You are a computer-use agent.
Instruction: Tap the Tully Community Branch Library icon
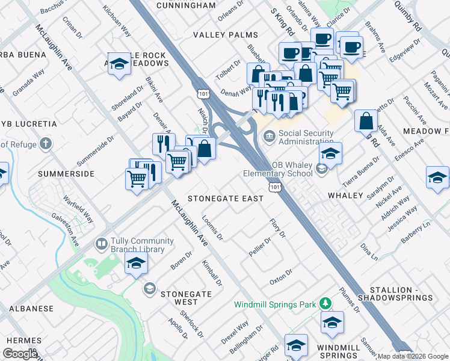tap(101, 244)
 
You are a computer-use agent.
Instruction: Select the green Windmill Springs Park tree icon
tap(325, 303)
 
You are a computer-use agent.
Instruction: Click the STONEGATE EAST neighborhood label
tap(226, 199)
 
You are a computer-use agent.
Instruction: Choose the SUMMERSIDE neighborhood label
tap(66, 174)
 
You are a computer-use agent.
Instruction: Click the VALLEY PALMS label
tap(226, 35)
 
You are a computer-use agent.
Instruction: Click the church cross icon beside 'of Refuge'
tap(46, 144)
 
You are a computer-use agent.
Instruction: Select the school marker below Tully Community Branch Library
tap(137, 263)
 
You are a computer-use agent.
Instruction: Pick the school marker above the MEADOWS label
tap(120, 64)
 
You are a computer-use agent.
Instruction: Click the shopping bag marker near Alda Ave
tap(366, 122)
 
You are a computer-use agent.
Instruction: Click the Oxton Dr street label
tap(280, 276)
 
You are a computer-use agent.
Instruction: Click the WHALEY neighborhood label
tap(345, 196)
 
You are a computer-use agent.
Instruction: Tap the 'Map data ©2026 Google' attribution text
tap(413, 356)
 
